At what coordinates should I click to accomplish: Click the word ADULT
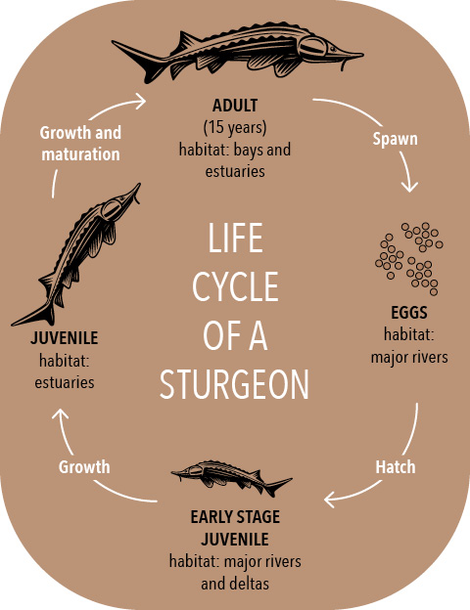(x=235, y=106)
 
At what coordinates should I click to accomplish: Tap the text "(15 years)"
(x=235, y=127)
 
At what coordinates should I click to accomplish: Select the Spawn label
(x=395, y=139)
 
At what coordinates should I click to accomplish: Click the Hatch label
(x=396, y=467)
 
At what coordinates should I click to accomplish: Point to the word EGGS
(x=409, y=313)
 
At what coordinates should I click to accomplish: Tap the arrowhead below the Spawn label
(x=409, y=187)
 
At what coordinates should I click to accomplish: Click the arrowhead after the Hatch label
(x=330, y=500)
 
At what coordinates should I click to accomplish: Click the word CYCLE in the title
(x=235, y=286)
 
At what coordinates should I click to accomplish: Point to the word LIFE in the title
(x=235, y=238)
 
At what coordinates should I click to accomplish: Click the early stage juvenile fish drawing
(x=231, y=478)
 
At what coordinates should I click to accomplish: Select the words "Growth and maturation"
(x=80, y=144)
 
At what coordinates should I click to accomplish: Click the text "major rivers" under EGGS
(x=409, y=357)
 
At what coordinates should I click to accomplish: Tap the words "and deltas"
(x=235, y=584)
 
